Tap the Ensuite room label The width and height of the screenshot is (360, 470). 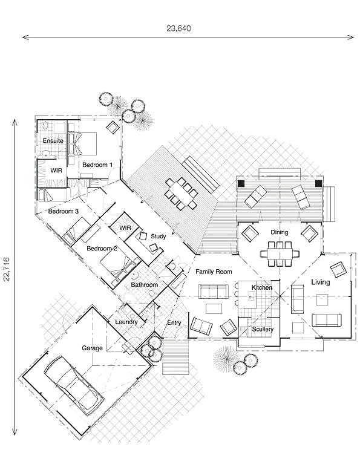pyautogui.click(x=53, y=140)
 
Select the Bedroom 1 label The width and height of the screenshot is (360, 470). pyautogui.click(x=97, y=165)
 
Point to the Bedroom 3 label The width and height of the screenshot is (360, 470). pyautogui.click(x=64, y=211)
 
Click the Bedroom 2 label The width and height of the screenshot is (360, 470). pyautogui.click(x=102, y=249)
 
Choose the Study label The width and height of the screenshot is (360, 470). pyautogui.click(x=159, y=236)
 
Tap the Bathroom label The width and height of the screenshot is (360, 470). pyautogui.click(x=145, y=285)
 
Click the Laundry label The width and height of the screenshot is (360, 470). pyautogui.click(x=126, y=322)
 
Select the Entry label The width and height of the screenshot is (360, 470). pyautogui.click(x=174, y=322)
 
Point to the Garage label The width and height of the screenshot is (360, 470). pyautogui.click(x=93, y=348)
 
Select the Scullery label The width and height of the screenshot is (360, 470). pyautogui.click(x=262, y=329)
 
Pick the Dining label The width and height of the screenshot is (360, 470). pyautogui.click(x=279, y=232)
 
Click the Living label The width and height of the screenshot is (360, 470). pyautogui.click(x=320, y=282)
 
